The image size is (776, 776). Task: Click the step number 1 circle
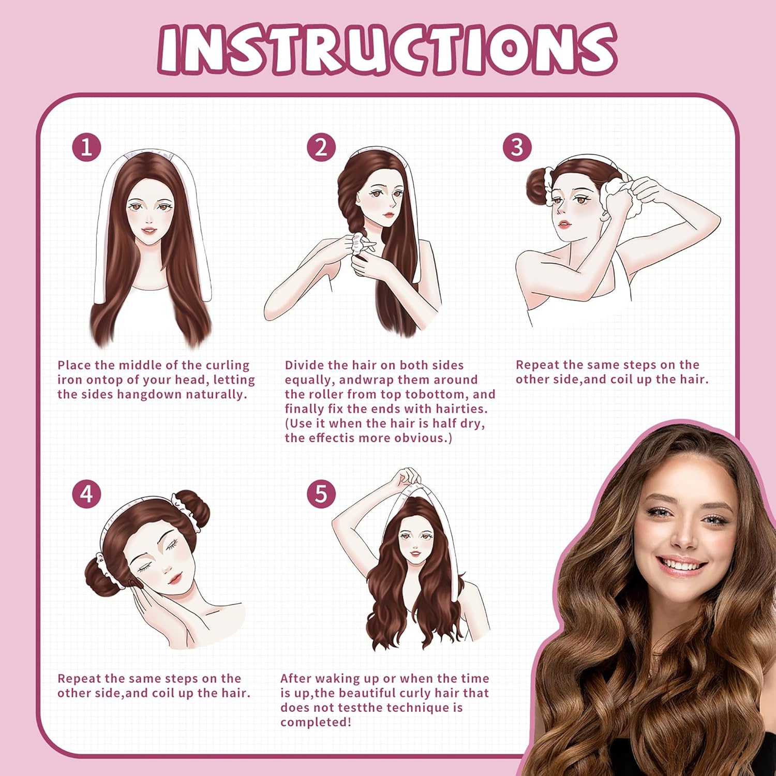point(86,147)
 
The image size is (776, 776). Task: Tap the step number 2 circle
point(321,147)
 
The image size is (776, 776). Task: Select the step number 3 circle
point(517,147)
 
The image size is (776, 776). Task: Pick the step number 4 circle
point(86,494)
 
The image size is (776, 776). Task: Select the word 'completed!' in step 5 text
point(316,722)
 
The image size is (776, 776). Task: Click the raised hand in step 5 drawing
point(407,479)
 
